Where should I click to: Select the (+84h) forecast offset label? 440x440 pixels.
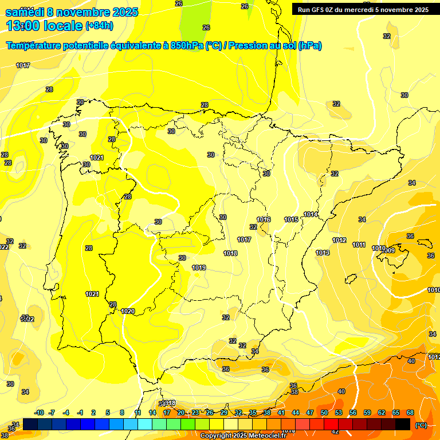tap(99, 26)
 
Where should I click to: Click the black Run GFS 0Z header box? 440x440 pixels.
tap(363, 9)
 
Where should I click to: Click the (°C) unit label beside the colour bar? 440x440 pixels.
tap(421, 425)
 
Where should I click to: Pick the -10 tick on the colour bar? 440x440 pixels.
tap(39, 413)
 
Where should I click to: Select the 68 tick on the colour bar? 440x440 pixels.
tap(410, 413)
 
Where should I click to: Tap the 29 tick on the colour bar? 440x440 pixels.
tap(224, 413)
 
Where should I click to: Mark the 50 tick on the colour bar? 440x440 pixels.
tap(324, 413)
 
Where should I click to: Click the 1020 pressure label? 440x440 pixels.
tap(128, 311)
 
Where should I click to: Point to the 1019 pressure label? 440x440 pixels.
tap(199, 268)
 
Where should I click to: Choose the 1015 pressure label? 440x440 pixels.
tap(291, 219)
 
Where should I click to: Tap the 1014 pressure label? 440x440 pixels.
tap(311, 214)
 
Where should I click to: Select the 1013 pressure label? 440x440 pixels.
tap(323, 253)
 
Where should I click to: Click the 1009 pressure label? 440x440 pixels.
tap(389, 250)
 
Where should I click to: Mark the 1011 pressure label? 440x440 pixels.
tap(359, 245)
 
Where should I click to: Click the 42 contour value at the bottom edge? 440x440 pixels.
tap(335, 431)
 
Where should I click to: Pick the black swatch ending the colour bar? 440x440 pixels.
tap(403, 424)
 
